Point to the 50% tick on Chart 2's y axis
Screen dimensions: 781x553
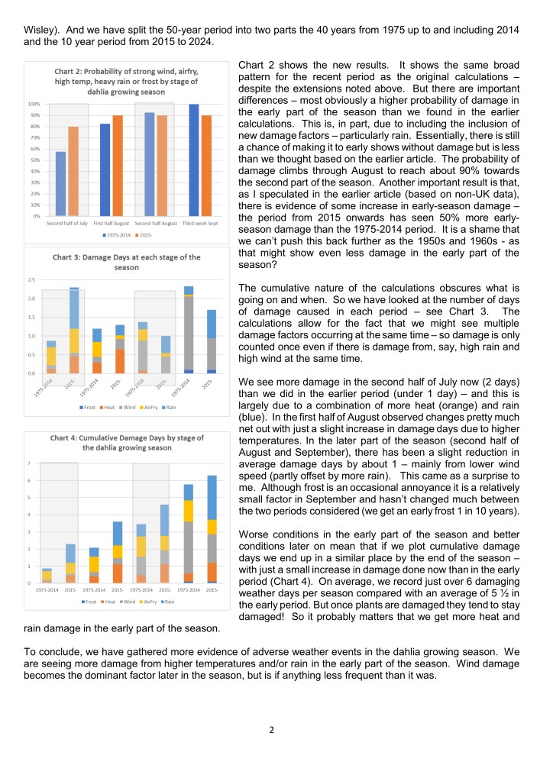(34, 160)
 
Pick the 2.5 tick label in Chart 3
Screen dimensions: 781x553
(31, 279)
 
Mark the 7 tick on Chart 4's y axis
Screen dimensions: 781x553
(29, 463)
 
